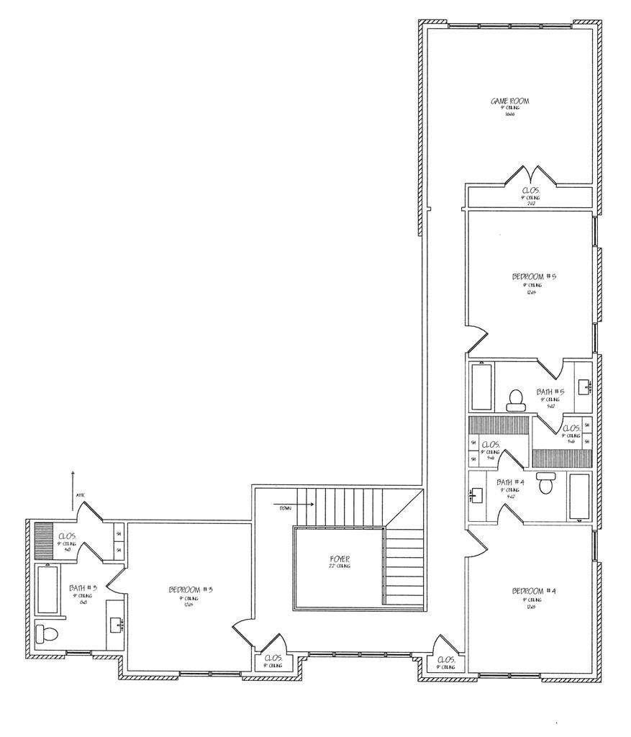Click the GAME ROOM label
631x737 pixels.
pos(509,101)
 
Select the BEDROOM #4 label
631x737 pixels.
pos(534,591)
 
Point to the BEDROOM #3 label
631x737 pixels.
pos(191,589)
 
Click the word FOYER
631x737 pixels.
pos(339,559)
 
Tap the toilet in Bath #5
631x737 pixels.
pos(515,399)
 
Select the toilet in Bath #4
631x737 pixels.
pos(545,483)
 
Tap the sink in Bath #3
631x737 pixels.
pos(117,623)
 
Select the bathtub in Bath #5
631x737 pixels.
pos(481,387)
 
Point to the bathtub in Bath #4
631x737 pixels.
pos(579,495)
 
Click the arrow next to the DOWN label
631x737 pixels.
pos(305,505)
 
